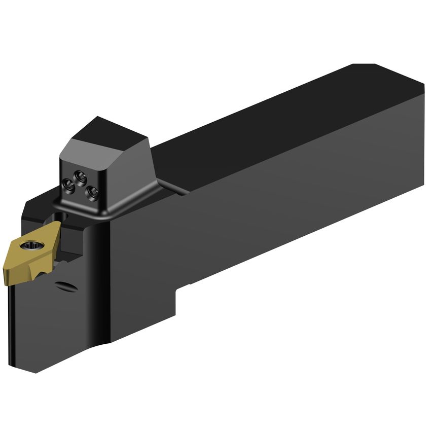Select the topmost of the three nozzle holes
(78, 175)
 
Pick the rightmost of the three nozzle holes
(92, 191)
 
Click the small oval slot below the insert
(67, 286)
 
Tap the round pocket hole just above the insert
(56, 218)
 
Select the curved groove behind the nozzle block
(172, 188)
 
